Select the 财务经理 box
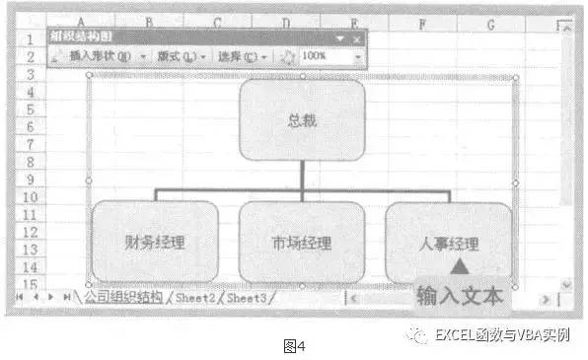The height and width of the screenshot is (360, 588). (155, 241)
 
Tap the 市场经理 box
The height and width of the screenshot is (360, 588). (301, 241)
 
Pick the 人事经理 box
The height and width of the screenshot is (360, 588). (448, 241)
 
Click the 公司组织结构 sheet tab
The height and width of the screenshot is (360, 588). (123, 296)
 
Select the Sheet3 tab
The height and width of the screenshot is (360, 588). (247, 296)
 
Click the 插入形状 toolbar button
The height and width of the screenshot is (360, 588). (100, 56)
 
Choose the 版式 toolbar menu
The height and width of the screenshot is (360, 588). (182, 56)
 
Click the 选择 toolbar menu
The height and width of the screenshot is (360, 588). (241, 56)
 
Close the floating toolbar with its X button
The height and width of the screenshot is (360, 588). (356, 38)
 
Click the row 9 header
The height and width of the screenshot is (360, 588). (31, 180)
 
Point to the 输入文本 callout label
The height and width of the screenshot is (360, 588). (461, 296)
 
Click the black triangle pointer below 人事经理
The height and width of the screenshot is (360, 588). (459, 266)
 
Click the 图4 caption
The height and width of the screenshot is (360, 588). (294, 346)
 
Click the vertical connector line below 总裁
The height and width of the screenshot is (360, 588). (302, 174)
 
